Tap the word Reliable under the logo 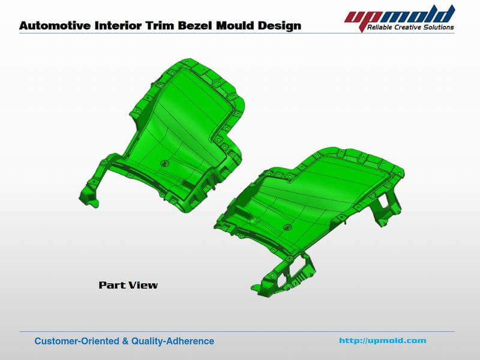(x=380, y=28)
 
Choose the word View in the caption (x=143, y=285)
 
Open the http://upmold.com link (x=382, y=341)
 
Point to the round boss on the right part (x=287, y=227)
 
